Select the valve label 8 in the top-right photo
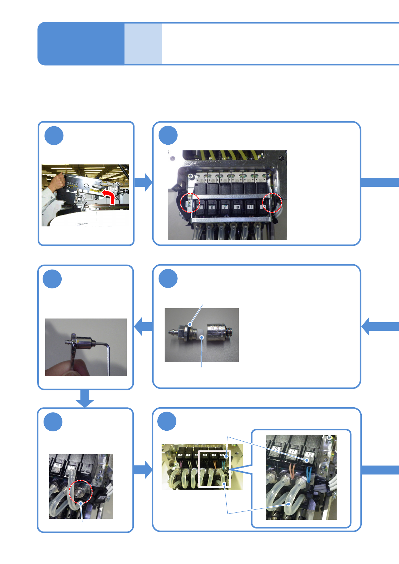click(x=212, y=207)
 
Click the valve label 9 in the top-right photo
click(x=225, y=207)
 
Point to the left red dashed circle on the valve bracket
click(x=190, y=203)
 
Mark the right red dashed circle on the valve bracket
click(x=272, y=202)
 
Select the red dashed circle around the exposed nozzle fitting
click(x=80, y=492)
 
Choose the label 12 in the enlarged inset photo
click(x=309, y=454)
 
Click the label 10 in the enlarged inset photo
click(x=276, y=449)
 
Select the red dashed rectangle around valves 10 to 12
click(x=215, y=469)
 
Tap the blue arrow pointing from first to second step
click(x=143, y=182)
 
